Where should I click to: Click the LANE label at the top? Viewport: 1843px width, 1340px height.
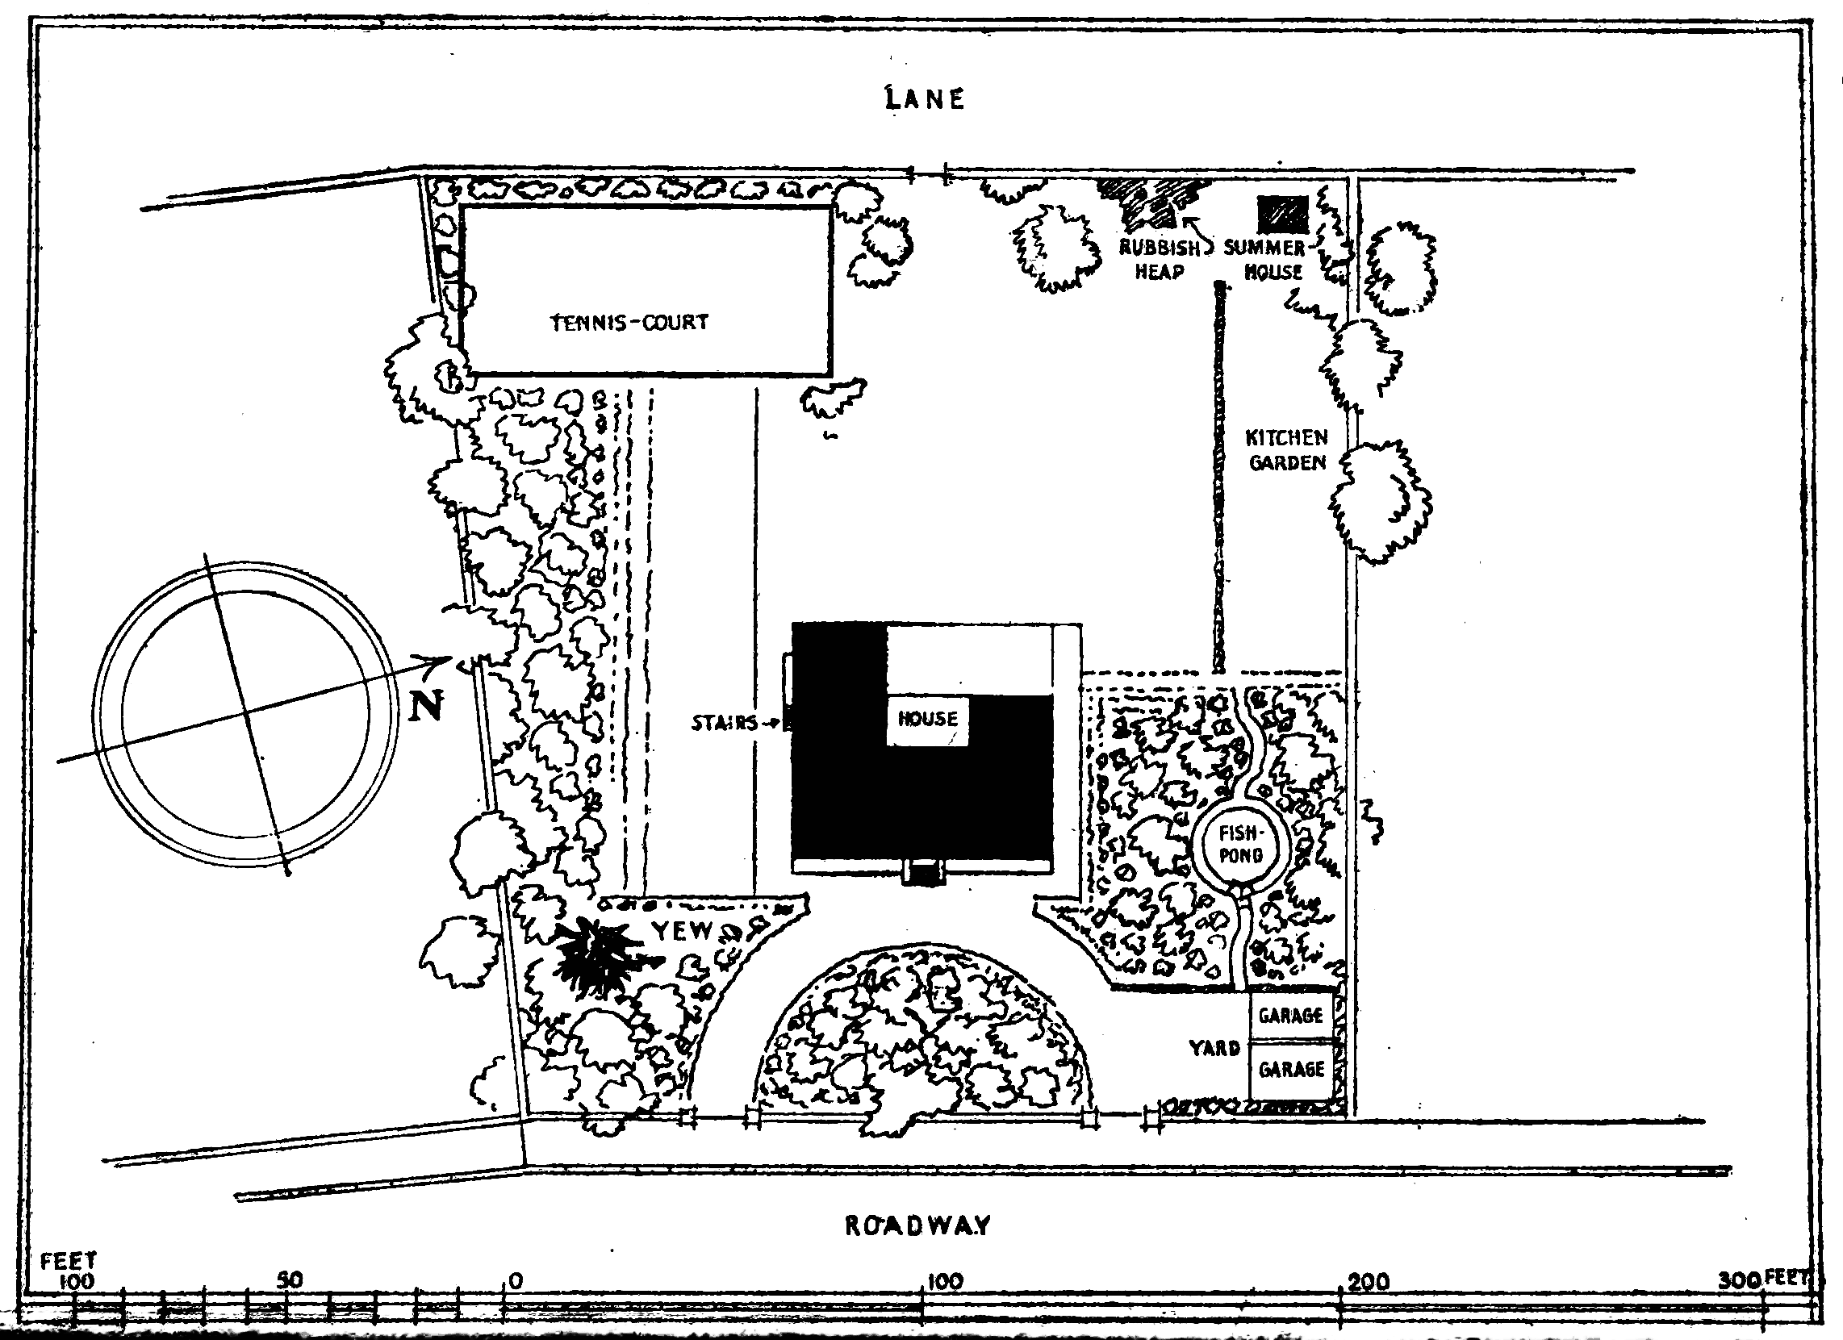(x=925, y=99)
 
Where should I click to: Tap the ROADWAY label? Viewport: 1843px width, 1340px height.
(x=917, y=1225)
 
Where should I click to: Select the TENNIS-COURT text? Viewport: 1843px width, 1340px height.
(x=629, y=323)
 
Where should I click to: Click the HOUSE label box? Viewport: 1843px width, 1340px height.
(x=927, y=719)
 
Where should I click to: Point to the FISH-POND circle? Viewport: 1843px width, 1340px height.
(x=1240, y=845)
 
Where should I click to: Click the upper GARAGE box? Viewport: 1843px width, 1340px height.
(x=1290, y=1015)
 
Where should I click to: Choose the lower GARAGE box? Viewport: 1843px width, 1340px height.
(x=1291, y=1070)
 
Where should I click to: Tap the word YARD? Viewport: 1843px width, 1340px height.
(x=1214, y=1048)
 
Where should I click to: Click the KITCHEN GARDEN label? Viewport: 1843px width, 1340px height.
(x=1286, y=450)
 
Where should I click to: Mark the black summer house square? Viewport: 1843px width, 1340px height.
(x=1283, y=214)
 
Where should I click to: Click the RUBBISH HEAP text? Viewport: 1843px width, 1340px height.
(x=1160, y=260)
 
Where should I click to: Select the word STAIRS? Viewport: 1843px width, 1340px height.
(x=724, y=722)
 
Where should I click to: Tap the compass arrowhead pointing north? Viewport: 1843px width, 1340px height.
(x=444, y=660)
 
